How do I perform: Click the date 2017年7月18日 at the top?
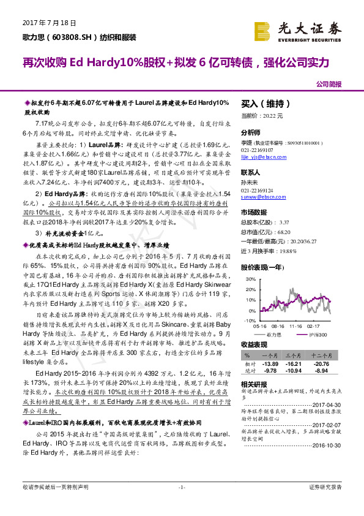click(x=48, y=22)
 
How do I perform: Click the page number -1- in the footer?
click(x=182, y=504)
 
